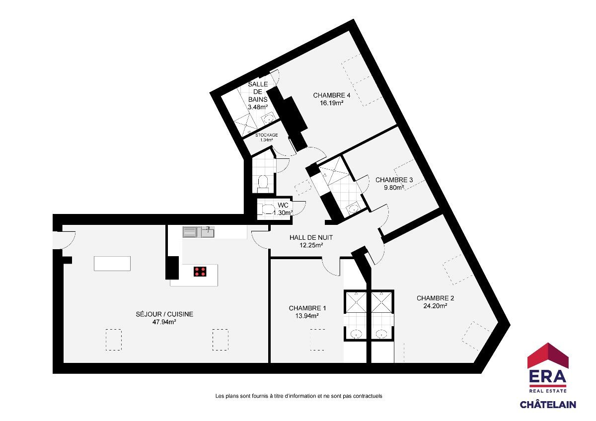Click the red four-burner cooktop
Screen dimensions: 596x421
pyautogui.click(x=200, y=272)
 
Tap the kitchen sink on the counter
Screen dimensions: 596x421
pyautogui.click(x=208, y=232)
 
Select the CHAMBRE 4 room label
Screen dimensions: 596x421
pyautogui.click(x=332, y=95)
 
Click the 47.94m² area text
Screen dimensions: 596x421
pyautogui.click(x=164, y=322)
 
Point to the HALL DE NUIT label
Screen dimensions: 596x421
pyautogui.click(x=311, y=237)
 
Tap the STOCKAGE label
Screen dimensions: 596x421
pyautogui.click(x=266, y=135)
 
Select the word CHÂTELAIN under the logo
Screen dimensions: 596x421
pyautogui.click(x=548, y=405)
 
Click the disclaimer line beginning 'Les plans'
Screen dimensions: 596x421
pyautogui.click(x=298, y=396)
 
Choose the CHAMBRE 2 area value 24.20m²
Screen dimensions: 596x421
pyautogui.click(x=435, y=306)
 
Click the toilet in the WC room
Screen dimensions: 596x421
pyautogui.click(x=267, y=209)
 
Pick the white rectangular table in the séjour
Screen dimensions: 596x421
pyautogui.click(x=112, y=264)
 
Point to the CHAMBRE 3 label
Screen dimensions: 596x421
pyautogui.click(x=394, y=180)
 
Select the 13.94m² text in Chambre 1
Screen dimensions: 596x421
pyautogui.click(x=307, y=316)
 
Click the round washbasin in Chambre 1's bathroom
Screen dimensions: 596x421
pyautogui.click(x=356, y=334)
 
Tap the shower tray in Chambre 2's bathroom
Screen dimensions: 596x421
pyautogui.click(x=381, y=302)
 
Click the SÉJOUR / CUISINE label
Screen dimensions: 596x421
pyautogui.click(x=164, y=314)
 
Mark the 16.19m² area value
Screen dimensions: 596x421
pyautogui.click(x=332, y=103)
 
